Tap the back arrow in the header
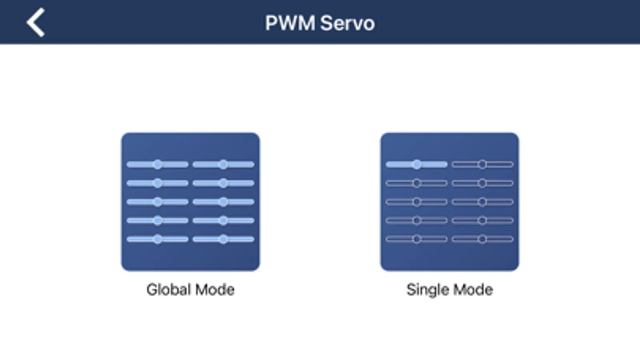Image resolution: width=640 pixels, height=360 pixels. point(36,23)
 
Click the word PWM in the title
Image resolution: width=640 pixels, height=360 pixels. point(290,23)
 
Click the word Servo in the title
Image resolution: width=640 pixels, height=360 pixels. point(347,23)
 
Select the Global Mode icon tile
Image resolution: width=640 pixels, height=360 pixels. point(191,202)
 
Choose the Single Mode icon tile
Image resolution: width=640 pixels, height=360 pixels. point(449,202)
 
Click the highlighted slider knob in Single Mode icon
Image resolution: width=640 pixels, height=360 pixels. point(417,164)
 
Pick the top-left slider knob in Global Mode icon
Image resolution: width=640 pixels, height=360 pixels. point(158,164)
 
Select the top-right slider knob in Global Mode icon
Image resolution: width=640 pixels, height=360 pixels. point(223,164)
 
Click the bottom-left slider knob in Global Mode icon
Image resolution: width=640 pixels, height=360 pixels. point(158,239)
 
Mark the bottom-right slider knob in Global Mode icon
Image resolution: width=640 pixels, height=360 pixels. point(223,239)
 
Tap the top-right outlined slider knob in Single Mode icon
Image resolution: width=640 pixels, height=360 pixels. point(482,164)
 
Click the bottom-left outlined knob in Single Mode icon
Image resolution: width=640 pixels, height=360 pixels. point(417,239)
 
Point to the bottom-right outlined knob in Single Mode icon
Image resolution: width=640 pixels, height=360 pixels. point(482,239)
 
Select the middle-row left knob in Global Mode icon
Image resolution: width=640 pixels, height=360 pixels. point(158,202)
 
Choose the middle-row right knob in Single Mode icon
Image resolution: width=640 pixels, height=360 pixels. point(482,202)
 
